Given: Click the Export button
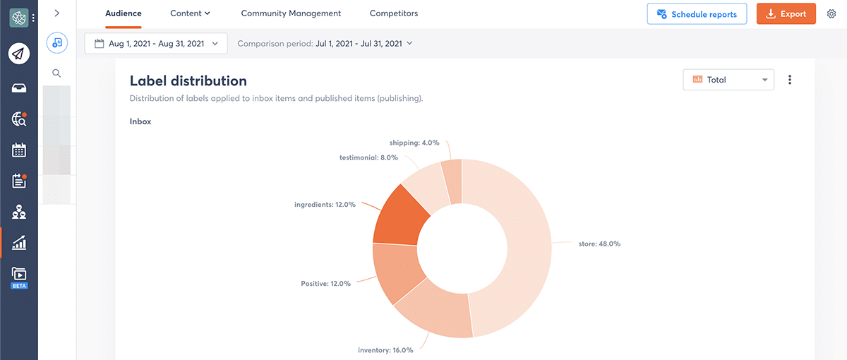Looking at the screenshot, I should [786, 14].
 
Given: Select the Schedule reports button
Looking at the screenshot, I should [697, 14].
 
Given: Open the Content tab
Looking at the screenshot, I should [191, 13].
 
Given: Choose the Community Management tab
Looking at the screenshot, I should [291, 13].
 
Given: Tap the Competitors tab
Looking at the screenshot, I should [394, 13].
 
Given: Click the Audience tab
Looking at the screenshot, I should [124, 13].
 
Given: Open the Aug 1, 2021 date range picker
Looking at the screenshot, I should [156, 44].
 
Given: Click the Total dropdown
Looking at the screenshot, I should [728, 80].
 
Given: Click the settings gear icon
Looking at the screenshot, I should [831, 14].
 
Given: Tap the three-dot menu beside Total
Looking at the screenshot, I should [790, 80].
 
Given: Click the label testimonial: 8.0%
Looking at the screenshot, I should [368, 157].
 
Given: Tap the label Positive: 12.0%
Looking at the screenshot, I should [325, 284].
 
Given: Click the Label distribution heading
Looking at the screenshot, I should [188, 80].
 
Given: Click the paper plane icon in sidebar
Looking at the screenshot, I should [19, 54].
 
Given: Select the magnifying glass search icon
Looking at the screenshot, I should [56, 73].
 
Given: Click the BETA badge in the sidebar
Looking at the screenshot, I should [19, 286].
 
